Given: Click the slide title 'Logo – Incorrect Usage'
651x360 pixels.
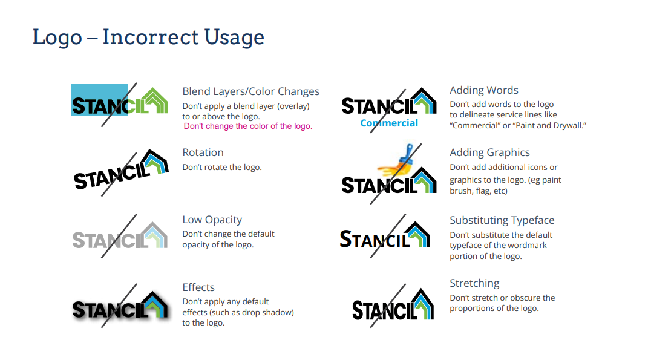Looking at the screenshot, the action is pos(148,38).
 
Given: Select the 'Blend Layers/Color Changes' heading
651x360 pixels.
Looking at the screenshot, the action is pos(250,91).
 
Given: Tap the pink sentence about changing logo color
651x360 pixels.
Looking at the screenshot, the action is pos(248,126).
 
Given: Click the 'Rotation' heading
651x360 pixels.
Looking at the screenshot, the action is pos(203,152).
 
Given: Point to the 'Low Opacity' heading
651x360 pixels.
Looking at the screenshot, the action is pos(212,220).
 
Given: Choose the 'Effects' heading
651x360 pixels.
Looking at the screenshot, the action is pos(198,287).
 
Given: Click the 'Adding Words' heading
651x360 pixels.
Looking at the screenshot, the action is pos(484,90).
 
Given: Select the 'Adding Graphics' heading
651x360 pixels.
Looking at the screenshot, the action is pos(490,153).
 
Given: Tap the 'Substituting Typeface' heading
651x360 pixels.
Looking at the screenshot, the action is pos(502,220).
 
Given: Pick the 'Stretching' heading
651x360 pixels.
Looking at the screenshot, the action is pos(474,284).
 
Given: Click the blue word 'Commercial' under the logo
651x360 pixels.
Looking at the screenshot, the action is pos(389,123).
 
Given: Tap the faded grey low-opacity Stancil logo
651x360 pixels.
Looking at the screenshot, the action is pos(120,236).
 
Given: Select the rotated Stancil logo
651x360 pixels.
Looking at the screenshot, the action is pos(121,169).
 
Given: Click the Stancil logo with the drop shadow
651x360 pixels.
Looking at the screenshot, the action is pos(121,306).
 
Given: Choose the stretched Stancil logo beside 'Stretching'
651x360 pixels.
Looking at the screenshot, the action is pos(393,305).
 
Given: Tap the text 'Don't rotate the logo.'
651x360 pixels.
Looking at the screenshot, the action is pos(222,168).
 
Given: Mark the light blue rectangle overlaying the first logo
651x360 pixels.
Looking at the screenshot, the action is pos(100,100).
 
